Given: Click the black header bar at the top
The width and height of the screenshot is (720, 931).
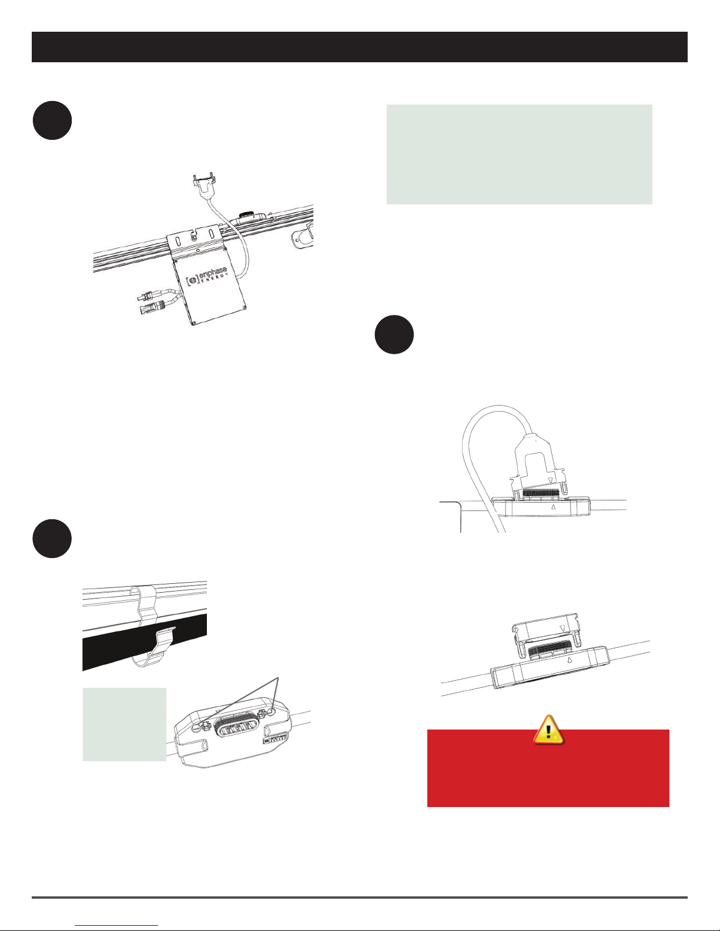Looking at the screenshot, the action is (x=360, y=47).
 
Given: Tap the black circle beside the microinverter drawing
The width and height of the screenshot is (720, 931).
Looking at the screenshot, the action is (x=52, y=120).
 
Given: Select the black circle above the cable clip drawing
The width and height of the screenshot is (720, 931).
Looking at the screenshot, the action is (x=52, y=539).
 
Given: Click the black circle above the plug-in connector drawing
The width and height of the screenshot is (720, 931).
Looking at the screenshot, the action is (x=394, y=335).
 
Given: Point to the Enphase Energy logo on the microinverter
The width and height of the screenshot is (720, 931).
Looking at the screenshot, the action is (x=206, y=276).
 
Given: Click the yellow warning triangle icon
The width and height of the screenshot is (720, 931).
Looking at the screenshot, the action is (x=548, y=729).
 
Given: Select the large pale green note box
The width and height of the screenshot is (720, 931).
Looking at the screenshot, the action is (x=520, y=154).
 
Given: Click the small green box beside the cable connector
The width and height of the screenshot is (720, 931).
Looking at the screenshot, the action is (x=124, y=724).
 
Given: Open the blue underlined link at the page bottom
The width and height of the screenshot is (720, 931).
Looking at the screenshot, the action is (x=116, y=925).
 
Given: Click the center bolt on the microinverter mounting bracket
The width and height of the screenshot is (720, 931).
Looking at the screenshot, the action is (x=195, y=237).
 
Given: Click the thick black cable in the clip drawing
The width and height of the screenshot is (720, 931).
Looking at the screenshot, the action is (x=145, y=642).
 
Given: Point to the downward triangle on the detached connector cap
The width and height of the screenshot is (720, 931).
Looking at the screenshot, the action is (x=562, y=628).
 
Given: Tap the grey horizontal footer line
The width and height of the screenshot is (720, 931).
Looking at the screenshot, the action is (x=360, y=897).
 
